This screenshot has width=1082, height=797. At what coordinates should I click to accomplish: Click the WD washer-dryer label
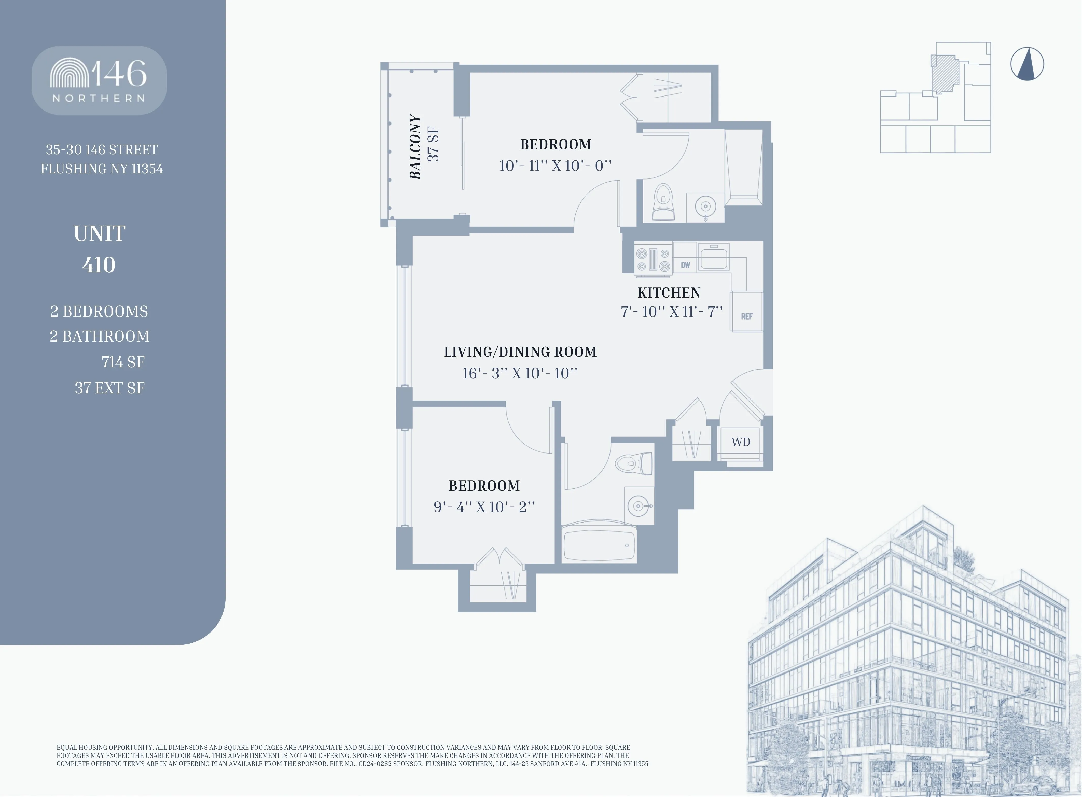[x=740, y=442]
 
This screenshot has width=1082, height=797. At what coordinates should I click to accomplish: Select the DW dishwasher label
[x=685, y=265]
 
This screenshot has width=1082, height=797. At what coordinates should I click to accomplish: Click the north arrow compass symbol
[x=1027, y=64]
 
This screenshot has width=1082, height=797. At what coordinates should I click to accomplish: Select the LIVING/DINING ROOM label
[x=520, y=352]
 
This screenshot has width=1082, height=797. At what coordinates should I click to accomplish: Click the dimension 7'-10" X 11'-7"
[x=671, y=312]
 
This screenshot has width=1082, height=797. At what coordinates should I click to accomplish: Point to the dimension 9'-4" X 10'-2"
[x=484, y=506]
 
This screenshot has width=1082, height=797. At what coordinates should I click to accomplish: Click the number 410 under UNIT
[x=99, y=265]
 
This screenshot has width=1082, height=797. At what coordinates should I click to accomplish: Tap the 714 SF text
[x=123, y=362]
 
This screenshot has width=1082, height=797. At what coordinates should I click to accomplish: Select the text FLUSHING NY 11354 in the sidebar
[x=102, y=169]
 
